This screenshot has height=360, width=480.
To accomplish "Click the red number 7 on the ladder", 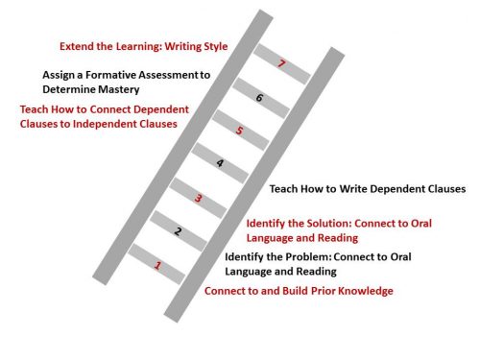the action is tap(281, 63).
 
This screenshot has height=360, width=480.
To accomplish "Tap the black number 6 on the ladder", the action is tap(259, 98).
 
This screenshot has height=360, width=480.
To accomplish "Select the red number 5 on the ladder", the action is tap(239, 131).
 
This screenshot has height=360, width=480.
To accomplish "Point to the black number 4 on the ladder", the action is tap(220, 163).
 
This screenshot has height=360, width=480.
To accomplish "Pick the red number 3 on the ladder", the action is tap(198, 199).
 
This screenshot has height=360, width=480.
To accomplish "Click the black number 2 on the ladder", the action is tap(178, 231).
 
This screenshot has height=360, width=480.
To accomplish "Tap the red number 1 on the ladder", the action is tap(157, 265).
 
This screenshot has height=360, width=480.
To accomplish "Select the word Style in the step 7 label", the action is tap(214, 47).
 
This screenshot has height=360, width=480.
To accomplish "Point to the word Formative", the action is tap(110, 75).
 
